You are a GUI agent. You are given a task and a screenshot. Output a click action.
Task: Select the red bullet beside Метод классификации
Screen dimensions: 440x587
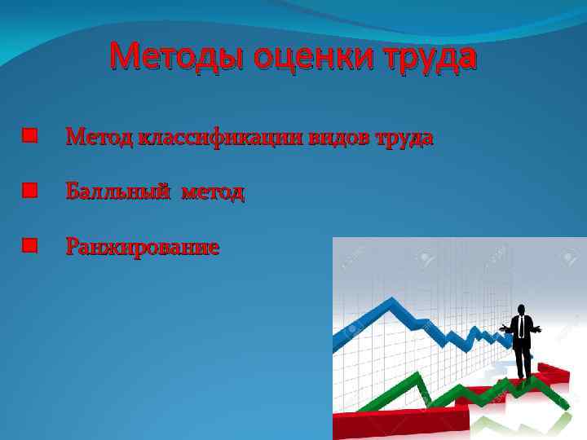pyautogui.click(x=30, y=136)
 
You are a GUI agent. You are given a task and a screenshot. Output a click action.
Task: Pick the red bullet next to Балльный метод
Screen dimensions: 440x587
pyautogui.click(x=30, y=191)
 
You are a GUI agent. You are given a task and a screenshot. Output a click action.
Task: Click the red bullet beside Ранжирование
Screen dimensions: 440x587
pyautogui.click(x=30, y=245)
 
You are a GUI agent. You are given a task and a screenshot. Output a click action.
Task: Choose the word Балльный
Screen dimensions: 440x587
pyautogui.click(x=118, y=192)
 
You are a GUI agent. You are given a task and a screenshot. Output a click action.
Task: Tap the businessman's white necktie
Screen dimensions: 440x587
pyautogui.click(x=520, y=327)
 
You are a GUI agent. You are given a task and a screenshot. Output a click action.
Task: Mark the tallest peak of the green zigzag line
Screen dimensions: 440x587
pyautogui.click(x=419, y=376)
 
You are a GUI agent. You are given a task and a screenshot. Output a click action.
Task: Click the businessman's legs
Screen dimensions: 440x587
pyautogui.click(x=522, y=363)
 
